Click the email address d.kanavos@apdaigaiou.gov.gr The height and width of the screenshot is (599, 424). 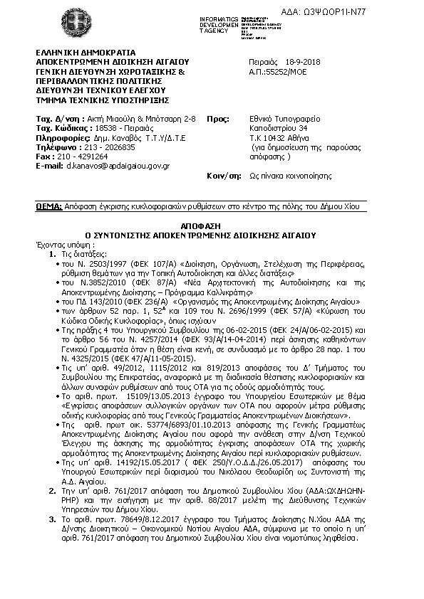(x=117, y=165)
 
